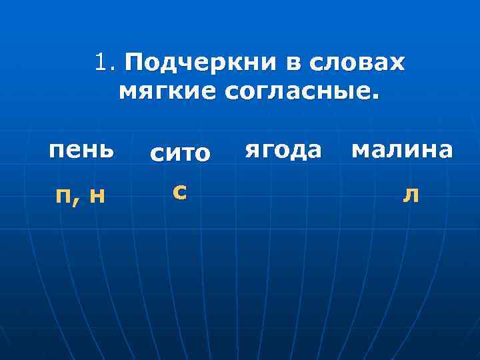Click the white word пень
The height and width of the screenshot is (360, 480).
[x=81, y=150]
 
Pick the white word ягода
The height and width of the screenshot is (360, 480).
[x=284, y=150]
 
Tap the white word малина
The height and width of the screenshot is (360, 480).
[x=401, y=149]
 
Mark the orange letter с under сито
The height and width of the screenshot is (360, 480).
[x=178, y=192]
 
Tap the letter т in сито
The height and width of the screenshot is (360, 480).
[x=186, y=155]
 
